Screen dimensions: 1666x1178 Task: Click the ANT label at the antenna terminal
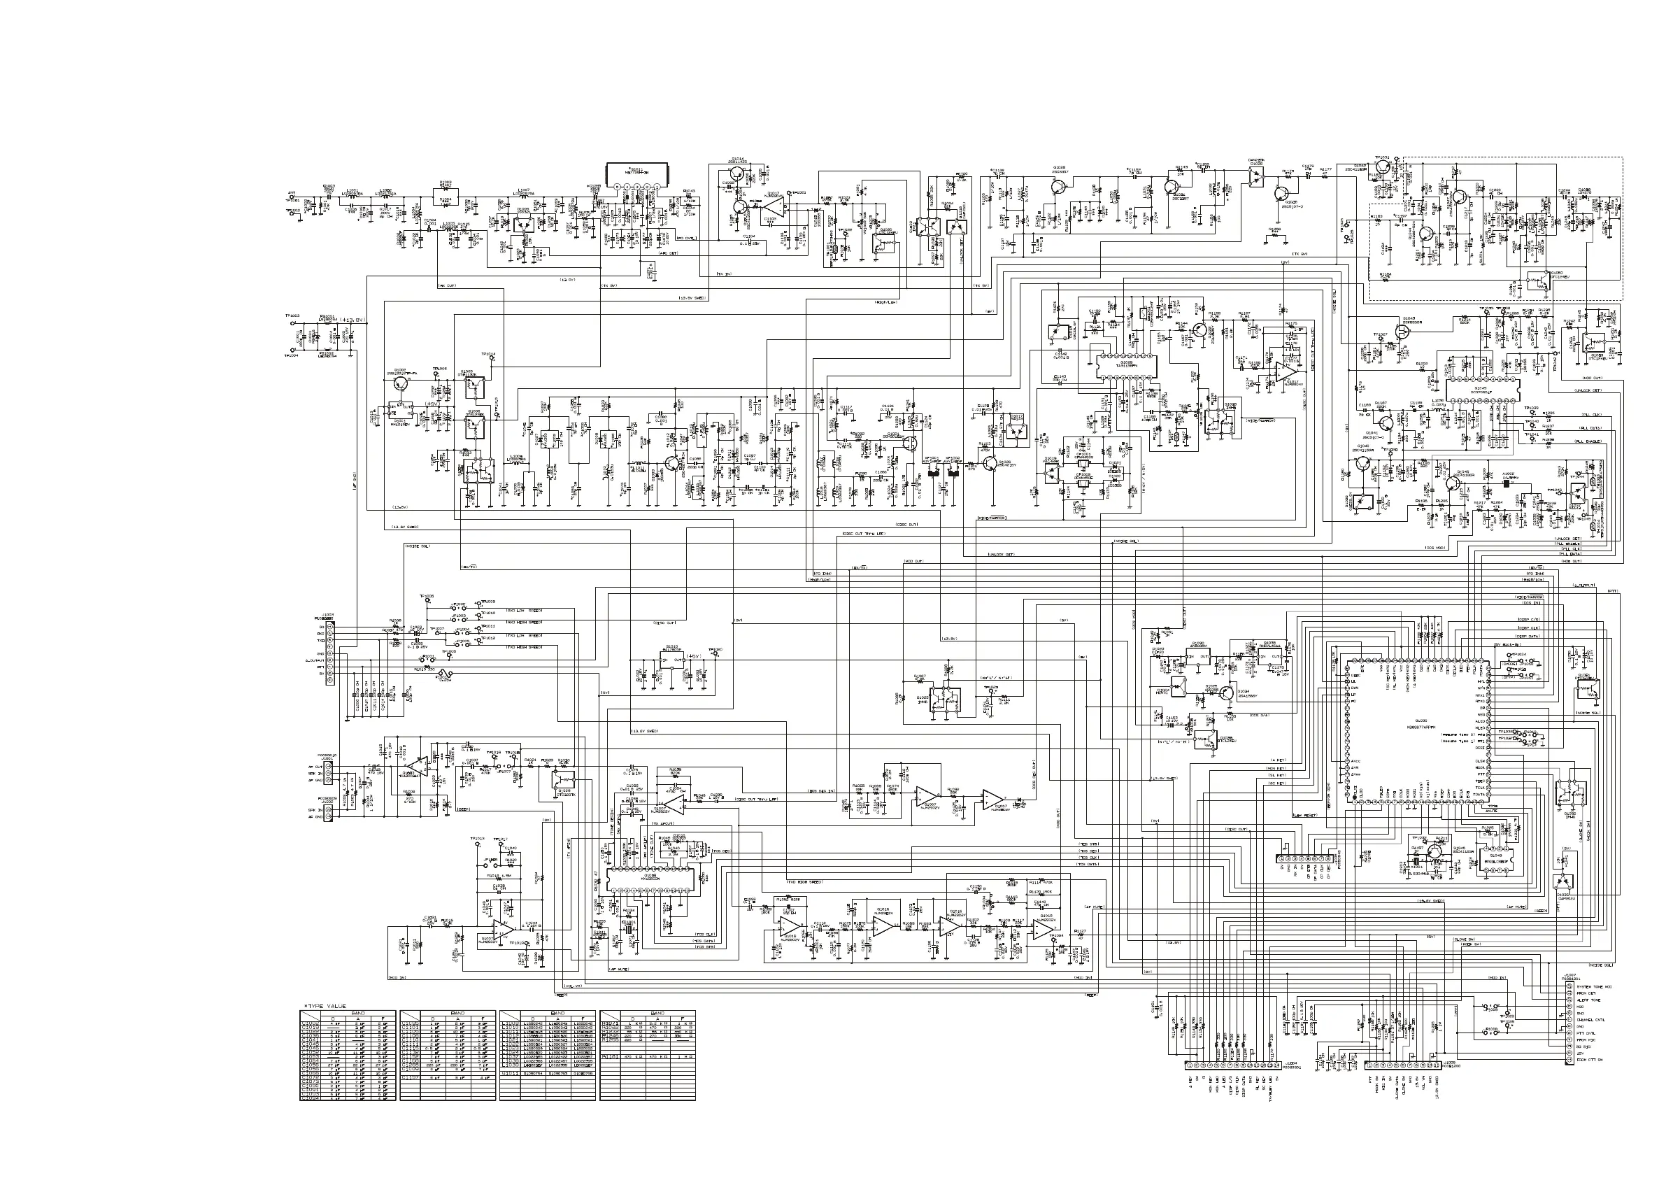[292, 193]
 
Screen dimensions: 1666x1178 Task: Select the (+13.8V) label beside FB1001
[352, 320]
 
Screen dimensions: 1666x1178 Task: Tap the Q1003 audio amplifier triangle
[418, 765]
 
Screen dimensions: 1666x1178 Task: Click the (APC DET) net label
[668, 253]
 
